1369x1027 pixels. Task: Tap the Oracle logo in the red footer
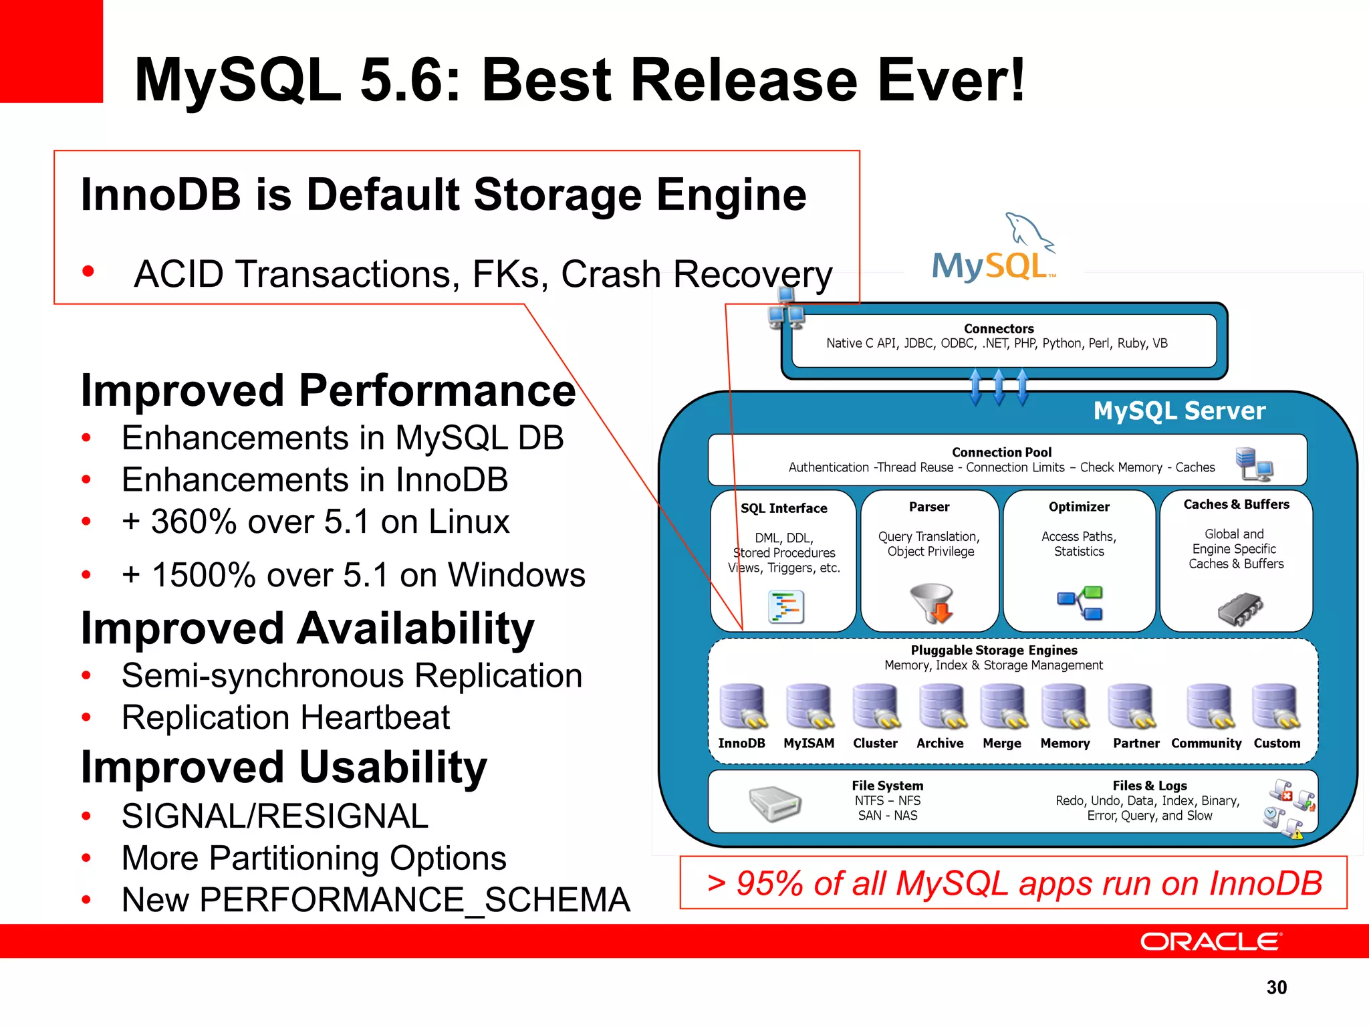click(1211, 941)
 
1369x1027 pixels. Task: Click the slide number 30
click(1276, 988)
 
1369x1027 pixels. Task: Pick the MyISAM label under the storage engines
click(809, 743)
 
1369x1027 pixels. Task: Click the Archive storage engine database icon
click(941, 706)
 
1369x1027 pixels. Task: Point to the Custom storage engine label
click(1277, 743)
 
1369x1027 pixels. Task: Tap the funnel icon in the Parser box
click(932, 602)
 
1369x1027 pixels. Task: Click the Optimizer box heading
click(1079, 507)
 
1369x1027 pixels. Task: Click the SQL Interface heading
click(783, 508)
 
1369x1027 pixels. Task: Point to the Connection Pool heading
click(1001, 452)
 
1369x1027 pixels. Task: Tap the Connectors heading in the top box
click(999, 328)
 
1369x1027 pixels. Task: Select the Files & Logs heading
click(1150, 786)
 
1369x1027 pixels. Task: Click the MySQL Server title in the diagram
click(1179, 411)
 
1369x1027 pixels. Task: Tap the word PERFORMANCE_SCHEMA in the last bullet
click(414, 899)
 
